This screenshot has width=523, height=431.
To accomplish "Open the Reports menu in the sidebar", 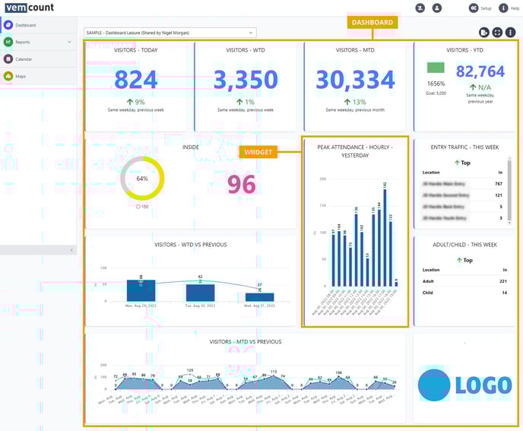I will pos(23,42).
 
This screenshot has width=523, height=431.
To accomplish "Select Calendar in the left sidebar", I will pos(23,59).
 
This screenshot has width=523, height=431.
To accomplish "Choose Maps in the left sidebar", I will pos(21,76).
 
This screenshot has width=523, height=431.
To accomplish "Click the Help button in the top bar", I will pos(510,8).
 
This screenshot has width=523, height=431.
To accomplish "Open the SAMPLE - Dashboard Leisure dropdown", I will pos(170,33).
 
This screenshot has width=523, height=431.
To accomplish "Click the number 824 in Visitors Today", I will pos(137,80).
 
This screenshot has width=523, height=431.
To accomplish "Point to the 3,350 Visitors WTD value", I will pos(245,80).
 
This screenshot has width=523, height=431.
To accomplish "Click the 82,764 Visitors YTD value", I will pos(480,71).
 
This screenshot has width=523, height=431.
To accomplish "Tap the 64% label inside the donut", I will pos(142,179).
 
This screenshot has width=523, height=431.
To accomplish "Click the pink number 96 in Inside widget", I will pos(241,185).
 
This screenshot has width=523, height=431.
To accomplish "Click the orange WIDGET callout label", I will pos(257,152).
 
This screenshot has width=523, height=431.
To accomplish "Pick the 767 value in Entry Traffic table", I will pos(498,183).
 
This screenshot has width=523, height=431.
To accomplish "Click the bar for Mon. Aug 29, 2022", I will pos(141,290).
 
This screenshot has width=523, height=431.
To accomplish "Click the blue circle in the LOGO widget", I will pos(433,384).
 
